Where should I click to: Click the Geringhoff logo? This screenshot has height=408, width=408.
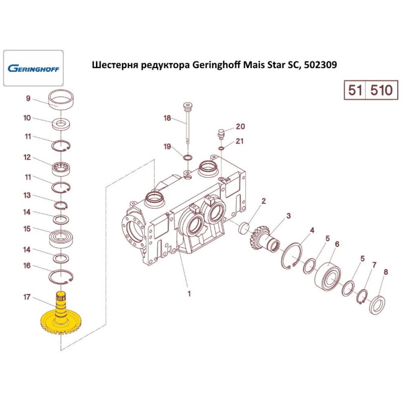pos(33,68)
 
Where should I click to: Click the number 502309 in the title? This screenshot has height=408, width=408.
pos(321,65)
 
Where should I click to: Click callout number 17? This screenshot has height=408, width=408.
pos(27,297)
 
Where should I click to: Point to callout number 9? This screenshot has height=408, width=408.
pos(28,98)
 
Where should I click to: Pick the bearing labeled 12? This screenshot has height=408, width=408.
pos(61,167)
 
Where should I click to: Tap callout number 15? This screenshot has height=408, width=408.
pos(27,229)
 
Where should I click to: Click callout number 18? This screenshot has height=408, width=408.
pos(167,118)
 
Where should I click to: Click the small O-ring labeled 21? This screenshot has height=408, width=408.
pos(221,148)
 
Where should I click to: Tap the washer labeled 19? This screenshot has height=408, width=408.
pos(188,157)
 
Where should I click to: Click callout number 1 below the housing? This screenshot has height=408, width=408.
pos(188,293)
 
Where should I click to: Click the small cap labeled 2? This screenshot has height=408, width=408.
pos(244,228)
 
